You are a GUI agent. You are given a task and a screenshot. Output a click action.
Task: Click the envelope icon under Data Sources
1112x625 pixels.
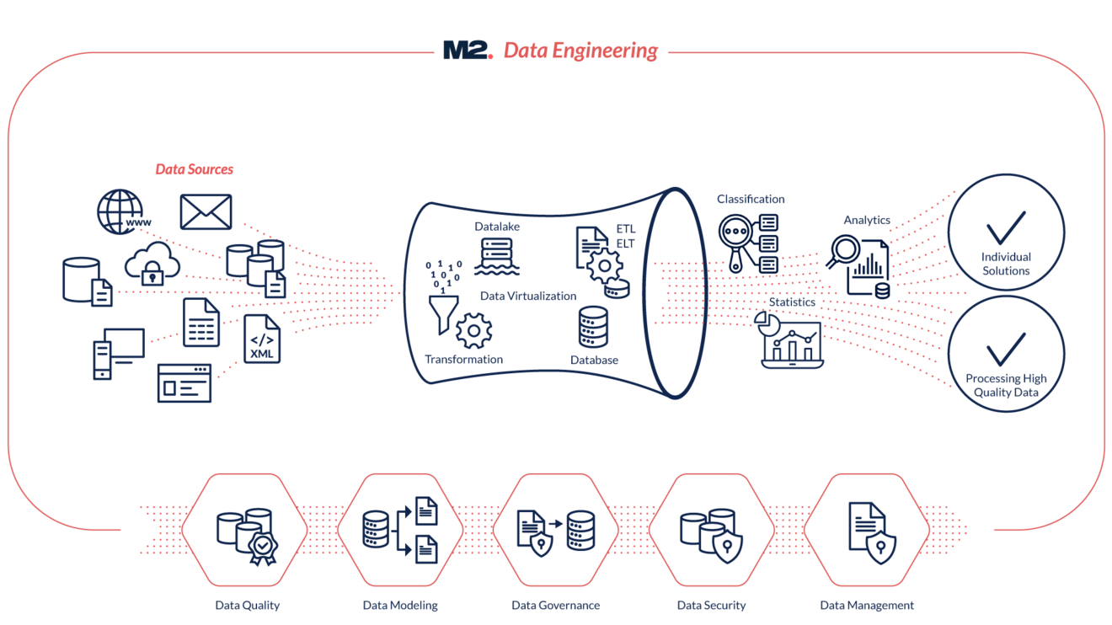206,211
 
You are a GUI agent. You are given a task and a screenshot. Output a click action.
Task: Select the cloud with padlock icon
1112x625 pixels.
152,262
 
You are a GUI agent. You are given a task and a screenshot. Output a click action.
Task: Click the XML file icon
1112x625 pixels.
262,339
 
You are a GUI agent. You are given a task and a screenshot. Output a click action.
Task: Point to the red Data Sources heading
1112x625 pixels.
195,169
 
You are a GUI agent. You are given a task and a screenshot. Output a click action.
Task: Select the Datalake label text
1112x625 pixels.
497,227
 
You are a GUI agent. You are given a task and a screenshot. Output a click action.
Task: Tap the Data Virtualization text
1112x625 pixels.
528,296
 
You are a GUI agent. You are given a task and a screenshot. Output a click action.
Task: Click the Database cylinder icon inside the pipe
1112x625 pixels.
594,327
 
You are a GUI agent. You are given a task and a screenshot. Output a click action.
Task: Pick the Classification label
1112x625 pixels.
751,200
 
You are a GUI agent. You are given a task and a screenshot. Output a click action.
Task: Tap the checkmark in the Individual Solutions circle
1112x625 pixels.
1007,225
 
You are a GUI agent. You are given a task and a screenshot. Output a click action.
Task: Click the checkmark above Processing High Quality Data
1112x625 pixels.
1007,349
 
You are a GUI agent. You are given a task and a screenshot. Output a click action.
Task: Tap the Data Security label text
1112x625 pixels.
711,605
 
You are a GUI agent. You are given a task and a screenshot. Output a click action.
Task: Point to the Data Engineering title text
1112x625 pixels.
580,51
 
